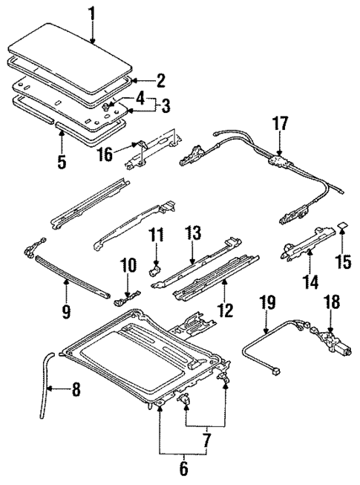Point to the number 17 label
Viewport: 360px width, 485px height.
pos(280,123)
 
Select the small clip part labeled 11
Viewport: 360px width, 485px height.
pos(156,268)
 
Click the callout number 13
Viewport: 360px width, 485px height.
pos(194,234)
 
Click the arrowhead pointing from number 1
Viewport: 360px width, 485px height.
pos(91,42)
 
